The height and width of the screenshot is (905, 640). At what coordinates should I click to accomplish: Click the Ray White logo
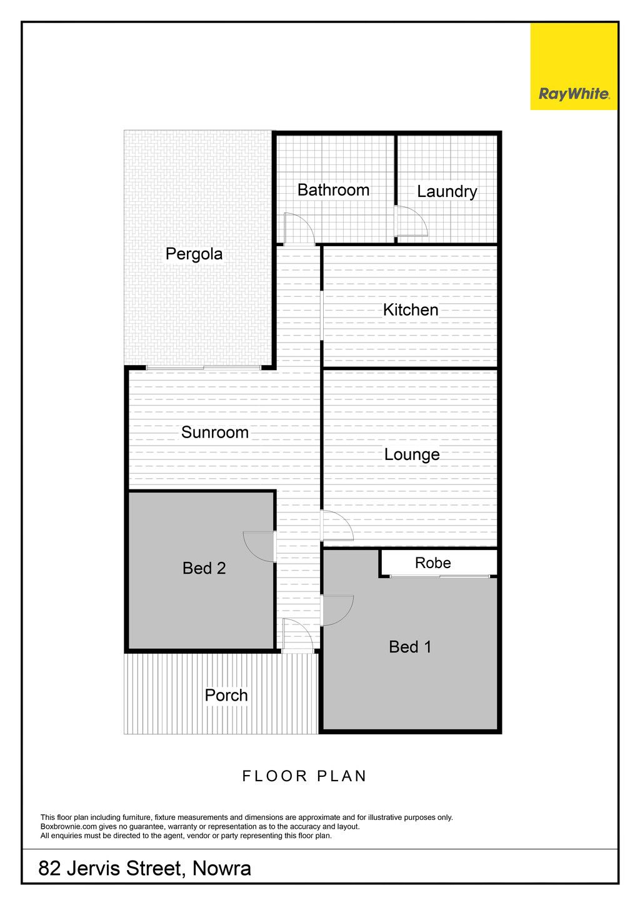[x=574, y=66]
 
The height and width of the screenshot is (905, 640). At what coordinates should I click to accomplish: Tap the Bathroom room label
[x=333, y=190]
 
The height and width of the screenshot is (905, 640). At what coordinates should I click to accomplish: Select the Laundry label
[x=447, y=192]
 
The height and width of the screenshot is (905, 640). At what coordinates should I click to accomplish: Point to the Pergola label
[x=194, y=254]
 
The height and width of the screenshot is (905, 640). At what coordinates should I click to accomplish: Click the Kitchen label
[x=411, y=310]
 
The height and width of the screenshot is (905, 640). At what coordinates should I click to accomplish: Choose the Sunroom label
[x=214, y=432]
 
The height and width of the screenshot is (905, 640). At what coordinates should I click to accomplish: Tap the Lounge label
[x=412, y=455]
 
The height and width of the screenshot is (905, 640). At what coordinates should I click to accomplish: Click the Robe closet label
[x=432, y=562]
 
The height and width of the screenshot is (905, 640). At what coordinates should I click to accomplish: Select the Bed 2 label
[x=204, y=569]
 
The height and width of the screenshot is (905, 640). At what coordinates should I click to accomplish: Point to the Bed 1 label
[x=410, y=647]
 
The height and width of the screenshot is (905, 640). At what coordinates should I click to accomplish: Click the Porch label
[x=226, y=696]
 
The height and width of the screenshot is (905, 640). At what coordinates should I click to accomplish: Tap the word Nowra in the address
[x=221, y=868]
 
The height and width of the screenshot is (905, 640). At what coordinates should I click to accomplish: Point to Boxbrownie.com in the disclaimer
[x=69, y=827]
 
